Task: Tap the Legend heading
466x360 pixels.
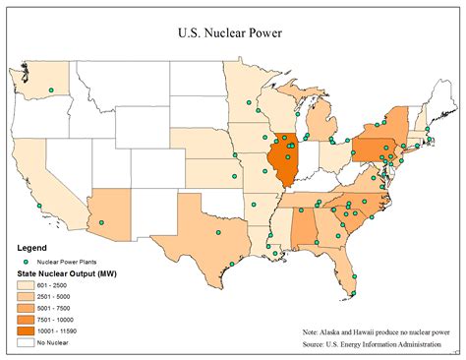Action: coord(33,247)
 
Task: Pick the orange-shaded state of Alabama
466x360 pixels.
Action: coord(307,227)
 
